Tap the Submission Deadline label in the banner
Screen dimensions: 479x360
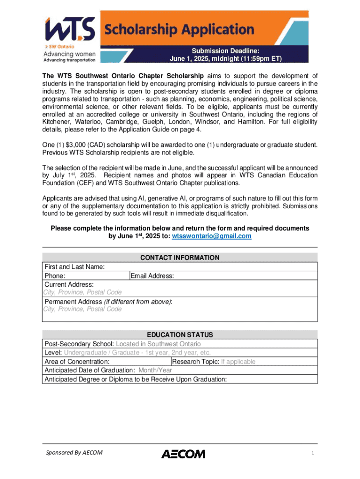[x=225, y=51]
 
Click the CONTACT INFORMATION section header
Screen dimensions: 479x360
[x=180, y=258]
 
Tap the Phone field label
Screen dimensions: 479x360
[x=55, y=276]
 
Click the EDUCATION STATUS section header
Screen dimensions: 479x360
[x=180, y=335]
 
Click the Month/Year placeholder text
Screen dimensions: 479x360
[x=155, y=370]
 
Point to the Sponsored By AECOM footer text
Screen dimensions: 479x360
[x=74, y=452]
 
